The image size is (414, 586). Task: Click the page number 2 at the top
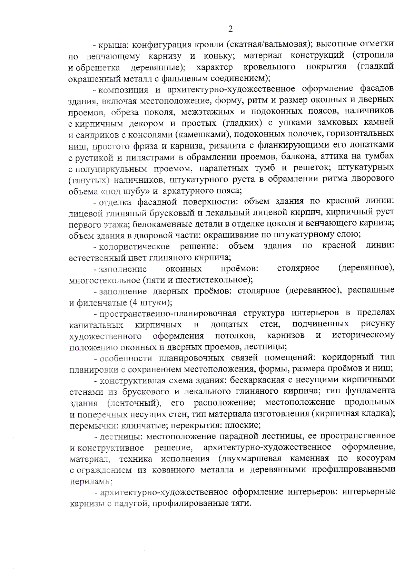(x=230, y=29)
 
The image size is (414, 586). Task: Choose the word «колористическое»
(x=134, y=246)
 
